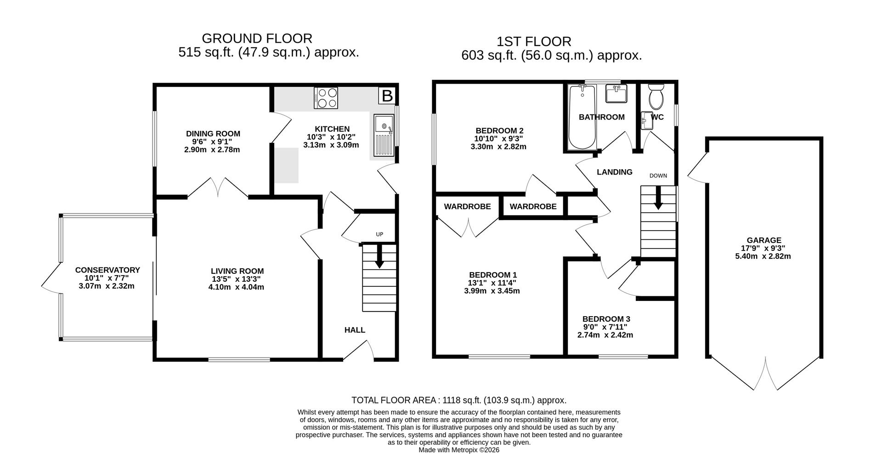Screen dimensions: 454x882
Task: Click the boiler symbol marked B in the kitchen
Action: (x=387, y=96)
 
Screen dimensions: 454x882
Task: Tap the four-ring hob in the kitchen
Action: (x=326, y=98)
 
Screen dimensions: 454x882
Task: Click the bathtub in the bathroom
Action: (x=582, y=117)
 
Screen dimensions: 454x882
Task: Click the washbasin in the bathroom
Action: (x=616, y=94)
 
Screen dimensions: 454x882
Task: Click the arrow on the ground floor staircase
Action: (x=379, y=256)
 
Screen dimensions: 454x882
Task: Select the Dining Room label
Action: (x=213, y=134)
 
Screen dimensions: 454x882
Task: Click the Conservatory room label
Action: (x=107, y=270)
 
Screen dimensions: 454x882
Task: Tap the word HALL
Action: (x=355, y=330)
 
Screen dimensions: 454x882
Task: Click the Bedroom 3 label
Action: (x=606, y=319)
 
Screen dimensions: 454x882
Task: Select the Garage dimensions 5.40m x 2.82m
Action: (x=763, y=256)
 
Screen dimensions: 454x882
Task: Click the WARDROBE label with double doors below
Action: (x=467, y=207)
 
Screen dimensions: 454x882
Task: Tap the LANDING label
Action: (x=614, y=172)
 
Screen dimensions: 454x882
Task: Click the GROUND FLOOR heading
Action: (x=257, y=38)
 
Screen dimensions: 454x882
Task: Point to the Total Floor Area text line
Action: (x=458, y=400)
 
